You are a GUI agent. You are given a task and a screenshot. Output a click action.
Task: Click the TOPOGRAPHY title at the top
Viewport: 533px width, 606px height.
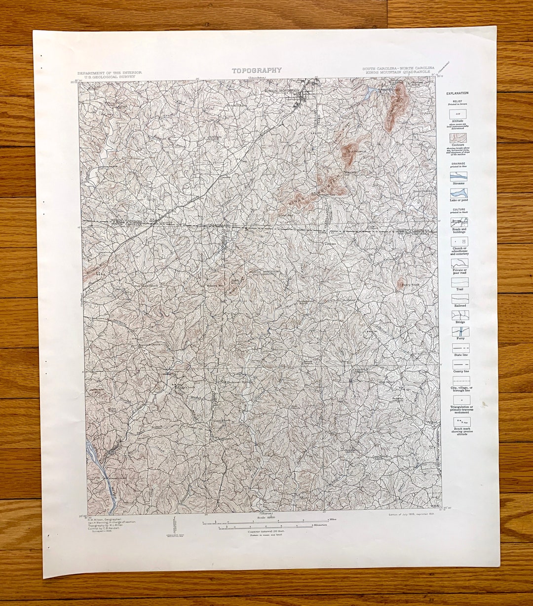(x=257, y=71)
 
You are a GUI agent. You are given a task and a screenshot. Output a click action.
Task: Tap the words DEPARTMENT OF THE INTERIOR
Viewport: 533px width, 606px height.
(x=109, y=73)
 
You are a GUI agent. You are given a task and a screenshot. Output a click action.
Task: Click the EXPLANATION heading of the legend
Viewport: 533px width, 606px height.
(x=457, y=93)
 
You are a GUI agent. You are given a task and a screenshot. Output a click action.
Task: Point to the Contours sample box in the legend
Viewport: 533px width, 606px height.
(x=458, y=138)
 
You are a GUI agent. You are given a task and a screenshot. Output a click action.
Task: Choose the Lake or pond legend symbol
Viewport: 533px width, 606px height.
(x=459, y=193)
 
